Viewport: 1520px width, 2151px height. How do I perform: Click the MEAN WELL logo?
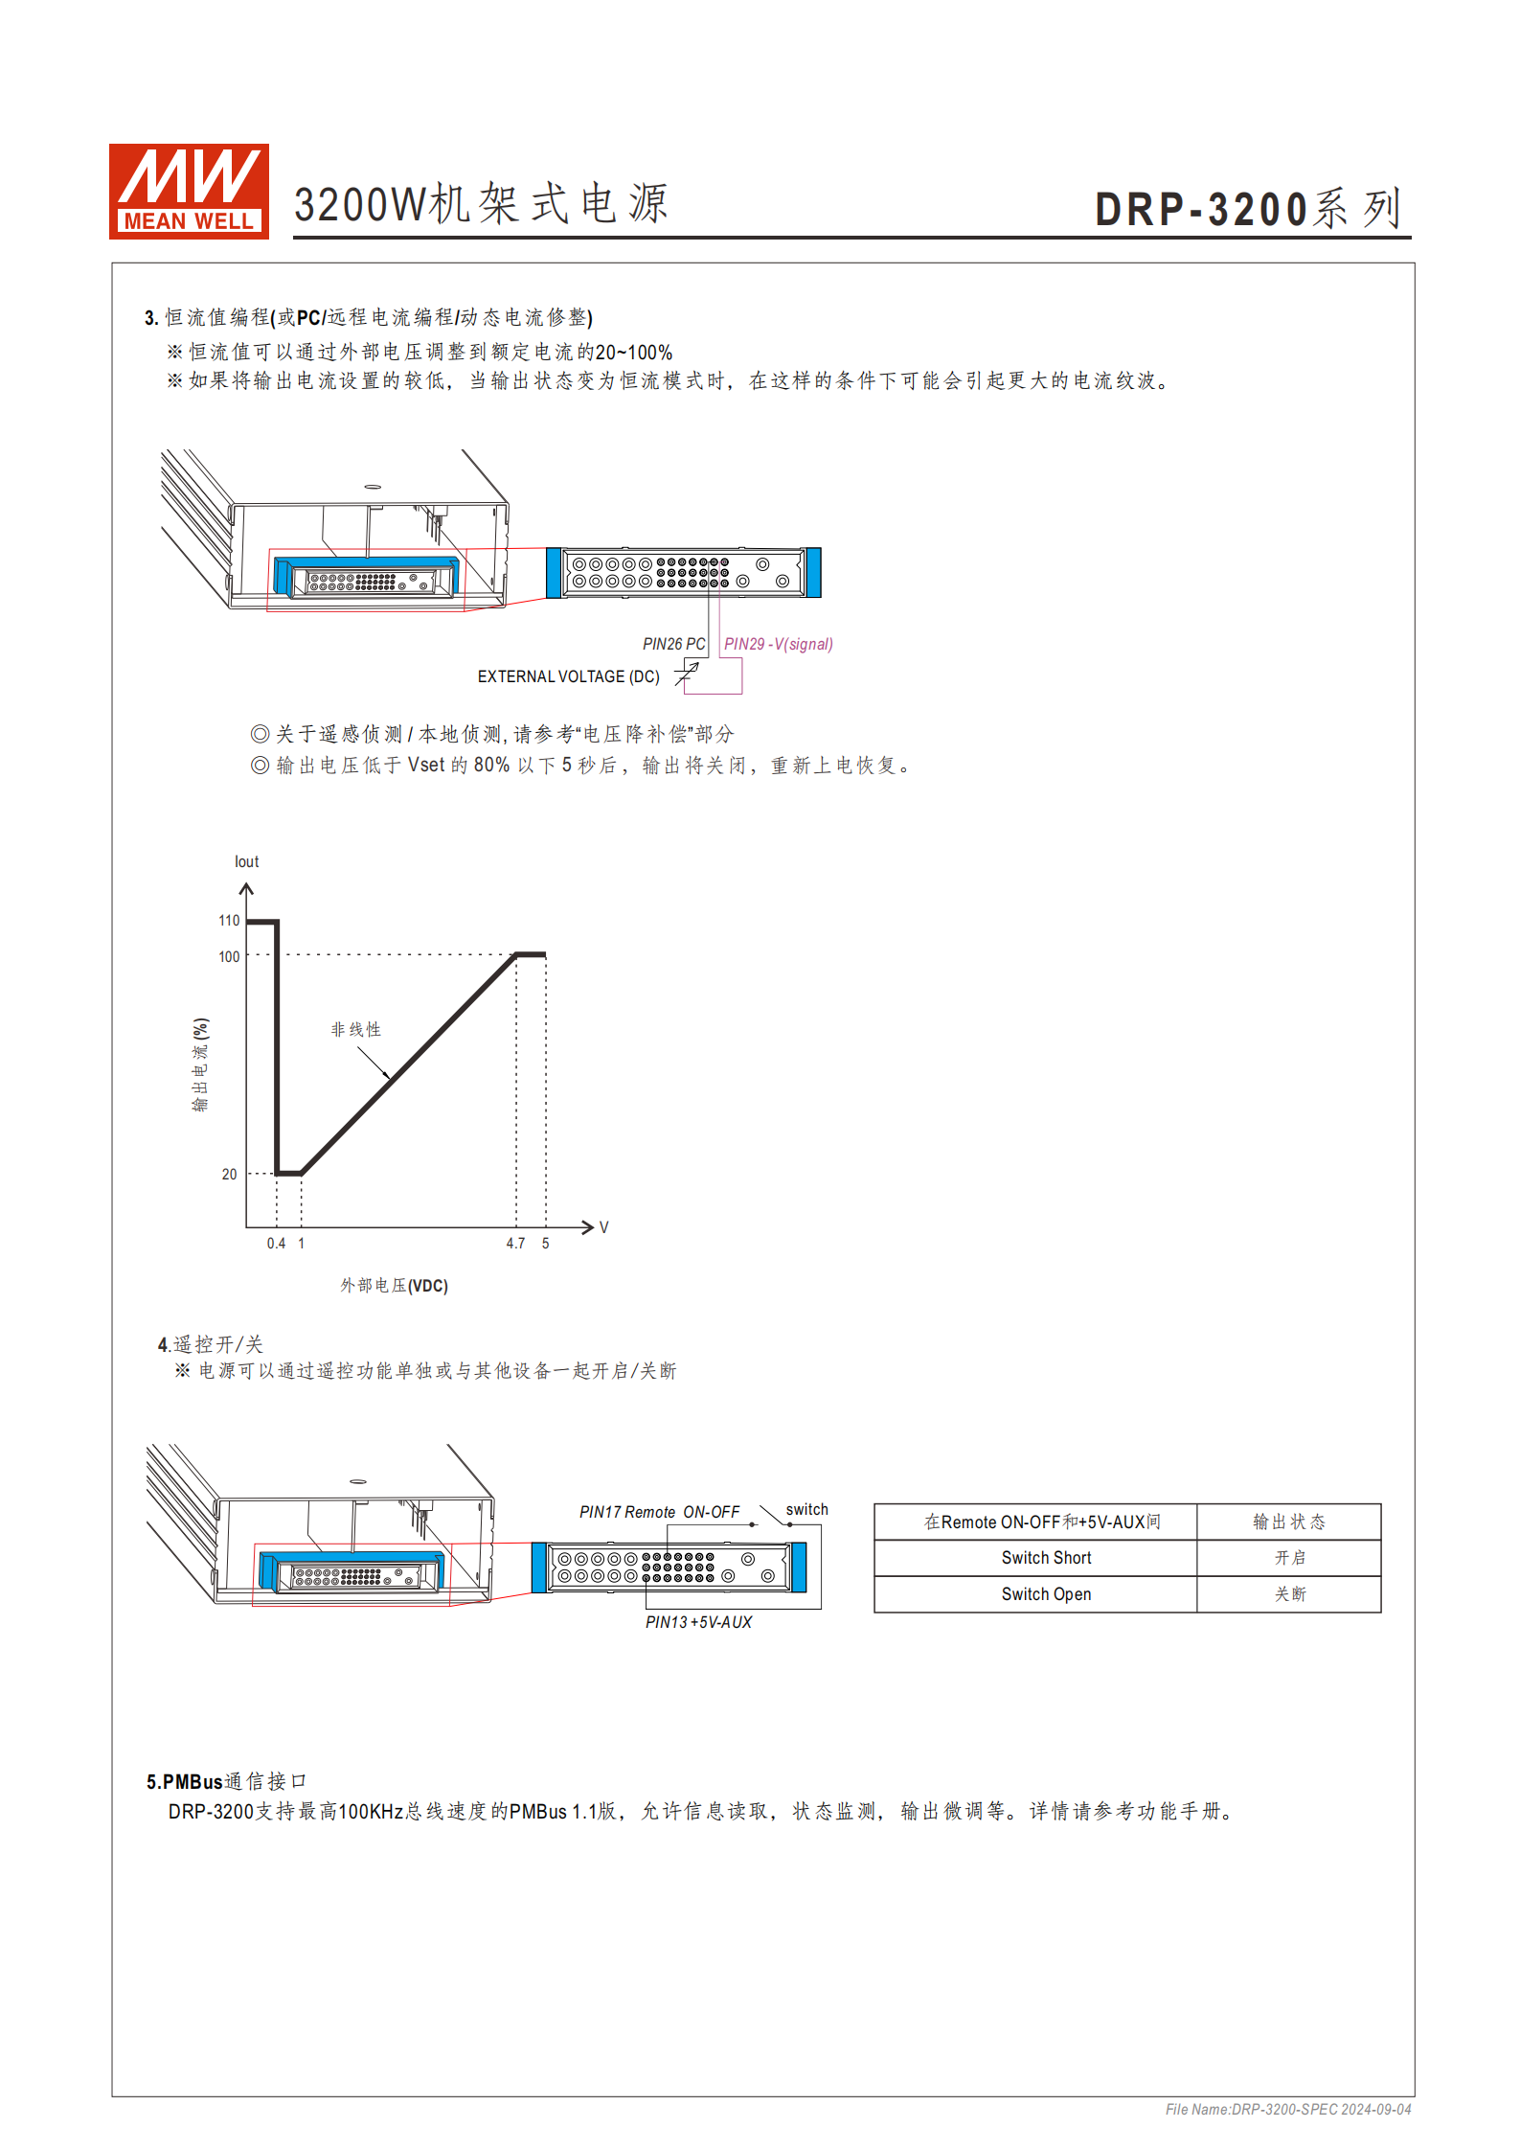click(x=189, y=191)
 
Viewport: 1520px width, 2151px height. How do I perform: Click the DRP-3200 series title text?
click(x=1248, y=209)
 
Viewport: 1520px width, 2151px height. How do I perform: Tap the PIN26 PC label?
click(x=673, y=644)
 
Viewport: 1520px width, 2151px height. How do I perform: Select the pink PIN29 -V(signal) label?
click(x=778, y=644)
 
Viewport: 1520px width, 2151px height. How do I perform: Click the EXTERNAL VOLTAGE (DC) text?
click(x=568, y=676)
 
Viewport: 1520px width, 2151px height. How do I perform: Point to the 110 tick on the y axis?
click(x=229, y=921)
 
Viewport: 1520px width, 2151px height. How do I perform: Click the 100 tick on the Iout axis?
click(x=229, y=956)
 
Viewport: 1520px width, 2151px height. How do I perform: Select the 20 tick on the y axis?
click(x=229, y=1174)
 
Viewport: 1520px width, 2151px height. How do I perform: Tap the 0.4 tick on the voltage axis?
click(x=276, y=1243)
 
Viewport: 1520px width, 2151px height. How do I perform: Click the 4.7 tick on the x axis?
click(x=515, y=1243)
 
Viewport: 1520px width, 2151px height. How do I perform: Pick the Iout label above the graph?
click(x=246, y=861)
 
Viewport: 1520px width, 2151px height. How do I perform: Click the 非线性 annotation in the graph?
click(x=355, y=1029)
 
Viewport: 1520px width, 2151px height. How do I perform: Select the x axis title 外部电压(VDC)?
click(x=394, y=1285)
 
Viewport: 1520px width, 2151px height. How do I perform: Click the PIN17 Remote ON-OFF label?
click(x=659, y=1512)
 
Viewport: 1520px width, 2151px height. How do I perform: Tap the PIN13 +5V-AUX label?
click(x=698, y=1622)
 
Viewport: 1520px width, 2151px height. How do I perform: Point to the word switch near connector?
click(x=806, y=1509)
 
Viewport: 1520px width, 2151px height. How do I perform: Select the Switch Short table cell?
click(x=1046, y=1558)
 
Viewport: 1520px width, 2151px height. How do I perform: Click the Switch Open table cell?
click(x=1046, y=1594)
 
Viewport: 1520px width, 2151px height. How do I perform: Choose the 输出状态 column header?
click(x=1288, y=1522)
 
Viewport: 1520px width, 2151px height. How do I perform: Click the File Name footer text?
click(x=1287, y=2109)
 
